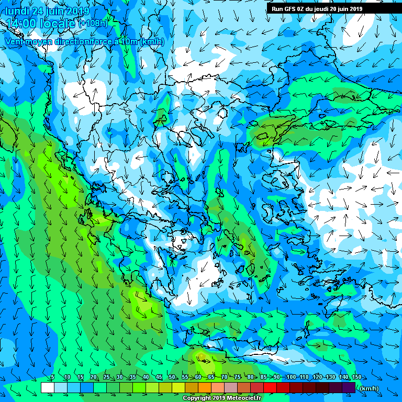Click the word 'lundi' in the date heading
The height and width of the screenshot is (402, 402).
pos(17,11)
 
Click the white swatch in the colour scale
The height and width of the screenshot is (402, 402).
pos(47,387)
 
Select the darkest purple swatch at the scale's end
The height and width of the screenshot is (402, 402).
pos(349,387)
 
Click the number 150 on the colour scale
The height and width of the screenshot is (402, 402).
pos(357,377)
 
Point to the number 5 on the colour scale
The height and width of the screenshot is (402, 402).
pos(52,377)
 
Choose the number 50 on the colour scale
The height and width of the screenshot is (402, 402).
pos(172,377)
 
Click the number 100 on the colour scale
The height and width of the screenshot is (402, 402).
pos(291,377)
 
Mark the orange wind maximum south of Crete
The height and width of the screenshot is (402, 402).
pos(200,357)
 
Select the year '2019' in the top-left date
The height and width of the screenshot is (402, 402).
pos(77,11)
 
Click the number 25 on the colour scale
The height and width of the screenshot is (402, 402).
pos(106,377)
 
